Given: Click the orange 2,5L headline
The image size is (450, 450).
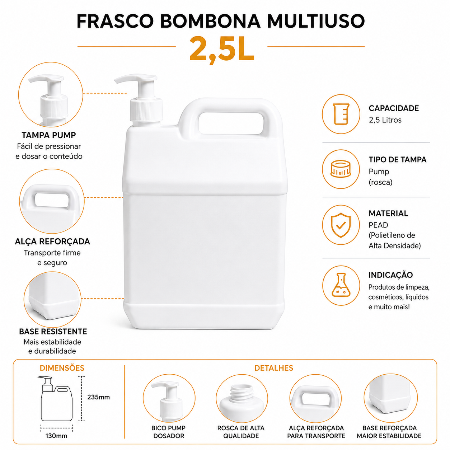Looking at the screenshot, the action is point(221,50).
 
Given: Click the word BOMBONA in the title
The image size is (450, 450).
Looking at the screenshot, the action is point(210,21).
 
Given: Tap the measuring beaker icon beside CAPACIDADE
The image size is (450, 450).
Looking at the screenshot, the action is point(341,114).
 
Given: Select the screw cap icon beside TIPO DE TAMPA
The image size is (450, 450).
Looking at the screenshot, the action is point(341,169).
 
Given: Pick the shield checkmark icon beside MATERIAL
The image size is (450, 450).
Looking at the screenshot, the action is point(341,225).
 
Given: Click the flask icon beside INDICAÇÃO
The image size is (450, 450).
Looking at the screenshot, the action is point(341,285).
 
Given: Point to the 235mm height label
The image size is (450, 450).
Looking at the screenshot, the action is point(98,397).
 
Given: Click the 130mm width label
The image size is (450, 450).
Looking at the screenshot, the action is point(56,436).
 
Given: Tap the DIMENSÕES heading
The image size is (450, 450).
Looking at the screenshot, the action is point(62,368).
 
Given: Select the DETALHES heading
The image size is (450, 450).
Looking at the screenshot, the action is point(273,368).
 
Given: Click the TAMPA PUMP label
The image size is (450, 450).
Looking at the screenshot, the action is point(49,135).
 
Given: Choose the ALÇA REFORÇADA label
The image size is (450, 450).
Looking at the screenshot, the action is point(52,242).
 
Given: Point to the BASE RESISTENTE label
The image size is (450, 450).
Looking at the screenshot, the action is point(53,331).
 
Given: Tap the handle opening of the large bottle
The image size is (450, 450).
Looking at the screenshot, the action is point(231,123).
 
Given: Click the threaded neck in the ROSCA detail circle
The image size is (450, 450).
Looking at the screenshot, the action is point(242,393).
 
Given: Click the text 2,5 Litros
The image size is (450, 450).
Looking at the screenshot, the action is point(385,120).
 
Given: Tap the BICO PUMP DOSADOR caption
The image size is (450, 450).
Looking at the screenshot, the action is point(168,432).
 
